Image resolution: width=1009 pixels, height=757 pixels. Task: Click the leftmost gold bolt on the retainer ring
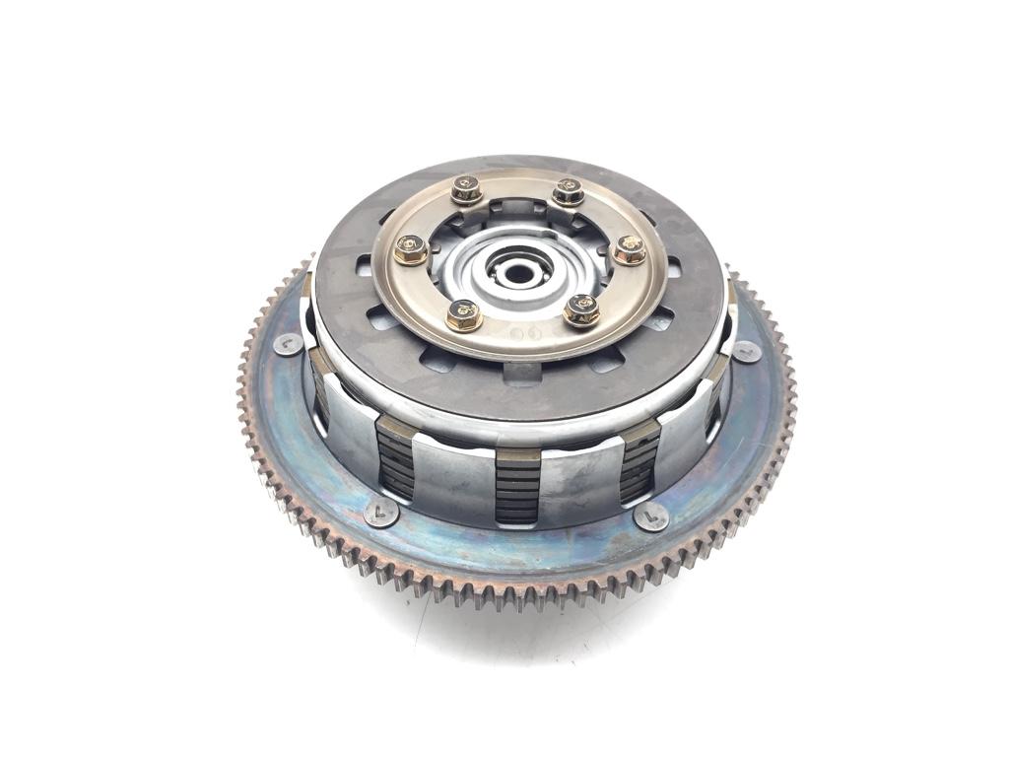[410, 250]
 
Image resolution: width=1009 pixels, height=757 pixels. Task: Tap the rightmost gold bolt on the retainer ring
[630, 250]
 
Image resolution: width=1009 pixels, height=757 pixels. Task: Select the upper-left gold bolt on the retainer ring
[466, 188]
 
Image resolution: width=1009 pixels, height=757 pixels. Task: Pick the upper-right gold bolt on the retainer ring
[568, 191]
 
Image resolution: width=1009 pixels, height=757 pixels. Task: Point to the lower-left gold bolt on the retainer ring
[463, 315]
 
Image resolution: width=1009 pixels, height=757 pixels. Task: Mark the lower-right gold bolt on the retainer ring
[581, 310]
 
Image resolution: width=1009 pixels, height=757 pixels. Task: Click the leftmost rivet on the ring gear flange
[288, 344]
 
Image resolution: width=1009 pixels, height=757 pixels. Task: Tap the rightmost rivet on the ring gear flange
[746, 352]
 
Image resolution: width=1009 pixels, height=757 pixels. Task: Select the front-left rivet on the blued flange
[380, 512]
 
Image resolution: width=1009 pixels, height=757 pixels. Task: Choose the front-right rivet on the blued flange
[650, 516]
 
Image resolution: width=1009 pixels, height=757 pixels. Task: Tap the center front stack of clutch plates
[518, 488]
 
